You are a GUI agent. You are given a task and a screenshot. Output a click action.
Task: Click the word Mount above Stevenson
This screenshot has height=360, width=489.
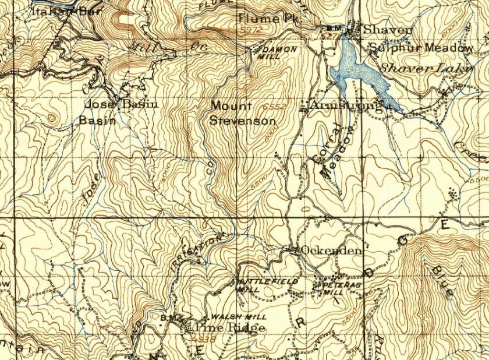[x=231, y=106]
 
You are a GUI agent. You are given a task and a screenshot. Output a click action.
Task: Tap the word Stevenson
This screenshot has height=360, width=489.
[x=242, y=121]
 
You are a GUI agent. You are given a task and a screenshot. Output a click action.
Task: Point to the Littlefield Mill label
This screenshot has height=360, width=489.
[x=267, y=285]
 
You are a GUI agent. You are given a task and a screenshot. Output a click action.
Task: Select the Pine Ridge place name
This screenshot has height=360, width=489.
[x=231, y=328]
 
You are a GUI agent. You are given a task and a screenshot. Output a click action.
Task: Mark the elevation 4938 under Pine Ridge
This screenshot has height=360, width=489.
[x=207, y=338]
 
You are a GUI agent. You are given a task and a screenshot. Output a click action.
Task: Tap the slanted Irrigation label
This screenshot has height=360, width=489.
[x=202, y=248]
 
